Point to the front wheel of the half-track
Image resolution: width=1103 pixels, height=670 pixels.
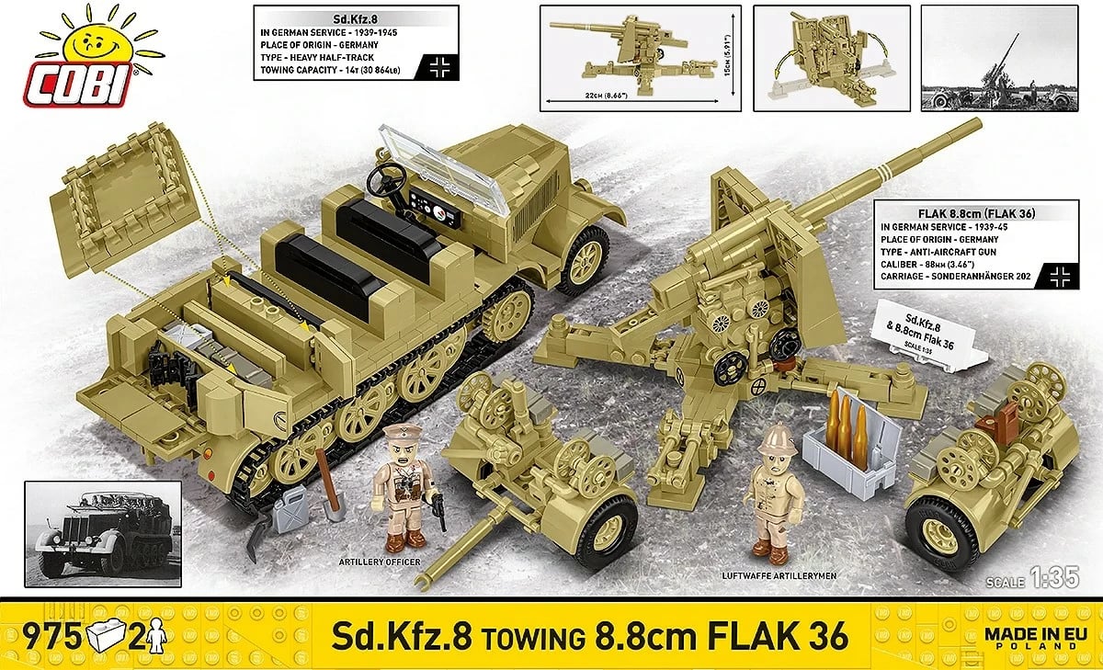click(582, 259)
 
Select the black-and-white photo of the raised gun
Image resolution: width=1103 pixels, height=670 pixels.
click(1006, 59)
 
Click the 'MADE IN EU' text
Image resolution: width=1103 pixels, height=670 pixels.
click(1032, 632)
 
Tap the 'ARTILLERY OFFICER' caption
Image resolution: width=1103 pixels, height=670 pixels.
click(379, 562)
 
